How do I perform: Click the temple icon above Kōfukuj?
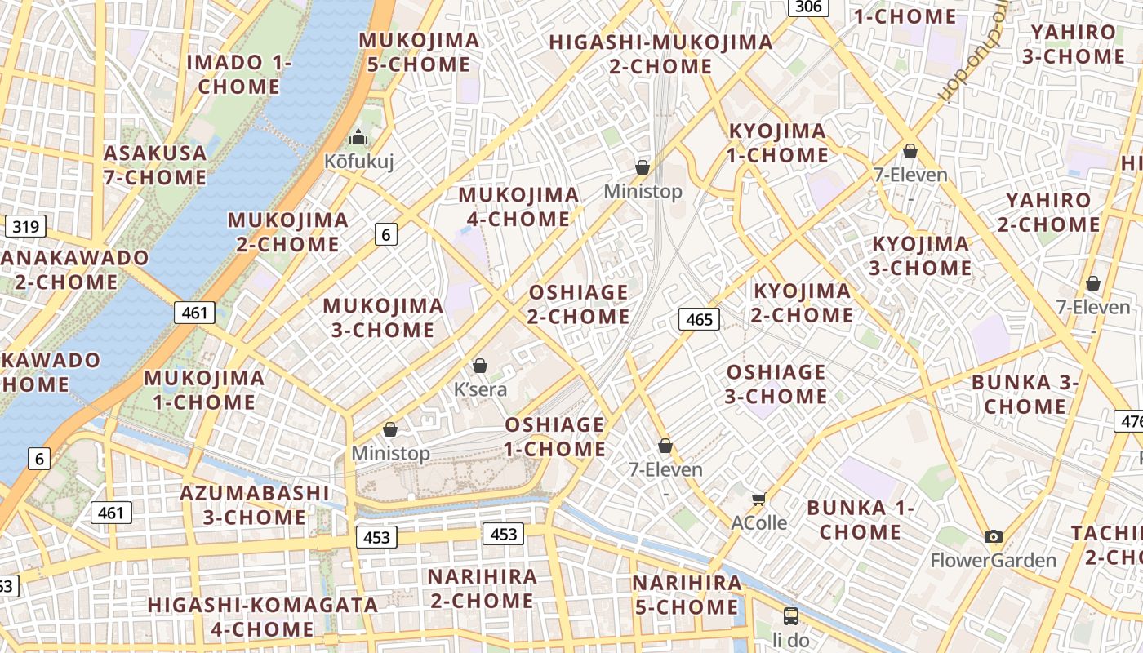pos(358,137)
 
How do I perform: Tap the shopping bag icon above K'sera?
pos(480,366)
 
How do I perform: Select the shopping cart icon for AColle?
pos(759,498)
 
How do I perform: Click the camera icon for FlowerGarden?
pos(993,536)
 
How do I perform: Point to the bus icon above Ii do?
pos(790,615)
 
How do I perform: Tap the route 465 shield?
pos(700,319)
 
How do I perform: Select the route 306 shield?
pos(808,7)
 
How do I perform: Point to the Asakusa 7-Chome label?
pos(155,165)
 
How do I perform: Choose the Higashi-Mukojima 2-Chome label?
pos(660,54)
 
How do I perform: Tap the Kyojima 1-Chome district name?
pos(777,143)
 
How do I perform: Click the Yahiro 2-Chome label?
pos(1048,212)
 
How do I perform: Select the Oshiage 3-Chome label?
pos(776,384)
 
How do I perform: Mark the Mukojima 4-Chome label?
pos(518,207)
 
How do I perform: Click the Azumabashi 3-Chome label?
pos(254,504)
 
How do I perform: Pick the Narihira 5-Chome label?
pos(687,595)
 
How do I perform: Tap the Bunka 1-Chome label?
pos(861,520)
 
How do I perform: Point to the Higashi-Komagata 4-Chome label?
pos(262,617)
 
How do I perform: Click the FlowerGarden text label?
pos(994,561)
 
